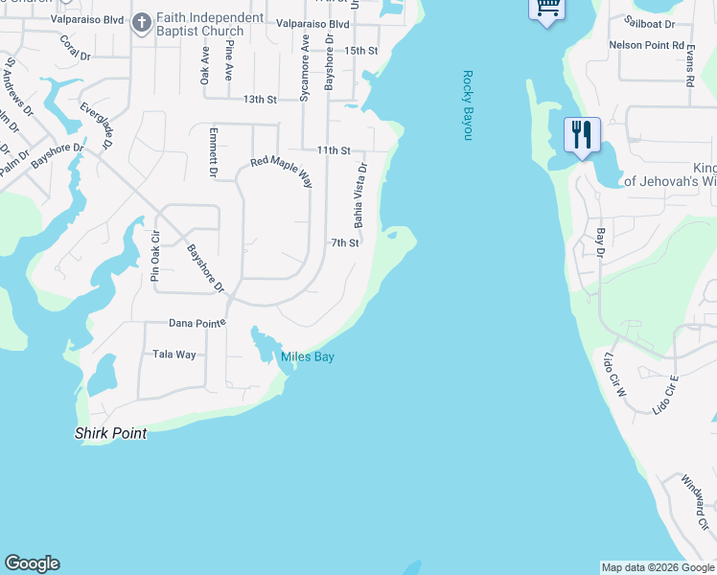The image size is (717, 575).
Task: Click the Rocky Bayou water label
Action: click(469, 105)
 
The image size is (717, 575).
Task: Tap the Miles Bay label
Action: click(307, 357)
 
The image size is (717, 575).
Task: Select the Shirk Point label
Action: click(111, 433)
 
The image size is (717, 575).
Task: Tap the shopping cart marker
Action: click(546, 8)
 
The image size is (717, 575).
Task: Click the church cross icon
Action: click(141, 22)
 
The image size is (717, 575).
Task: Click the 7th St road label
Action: click(345, 243)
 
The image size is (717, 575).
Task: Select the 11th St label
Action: click(334, 150)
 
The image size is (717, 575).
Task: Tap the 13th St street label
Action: click(259, 99)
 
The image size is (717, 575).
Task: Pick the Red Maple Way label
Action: click(282, 163)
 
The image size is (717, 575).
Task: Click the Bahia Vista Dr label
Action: click(360, 195)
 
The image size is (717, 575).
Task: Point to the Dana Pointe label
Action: click(197, 324)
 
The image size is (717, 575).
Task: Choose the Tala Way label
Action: click(174, 355)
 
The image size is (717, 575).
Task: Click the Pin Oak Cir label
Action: click(155, 255)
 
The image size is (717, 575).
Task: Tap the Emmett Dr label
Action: click(213, 152)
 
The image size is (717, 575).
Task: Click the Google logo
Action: click(32, 563)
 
